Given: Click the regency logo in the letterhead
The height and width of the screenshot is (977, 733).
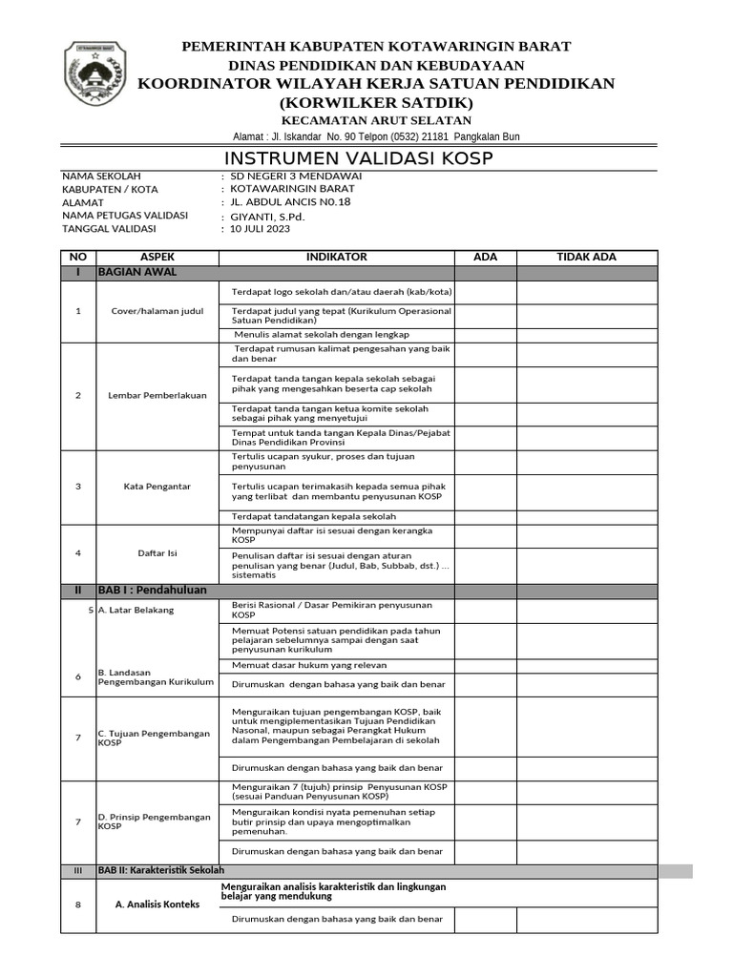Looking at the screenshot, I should point(93,73).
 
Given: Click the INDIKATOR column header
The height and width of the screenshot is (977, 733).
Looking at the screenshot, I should point(336,258).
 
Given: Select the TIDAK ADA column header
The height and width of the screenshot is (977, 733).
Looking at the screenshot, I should point(586,258).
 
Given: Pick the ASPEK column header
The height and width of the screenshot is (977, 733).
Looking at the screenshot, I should point(157,258).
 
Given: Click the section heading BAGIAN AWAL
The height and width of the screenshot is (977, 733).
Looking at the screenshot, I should point(137,273).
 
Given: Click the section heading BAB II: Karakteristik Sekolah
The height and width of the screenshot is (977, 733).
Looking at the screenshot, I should point(161,871).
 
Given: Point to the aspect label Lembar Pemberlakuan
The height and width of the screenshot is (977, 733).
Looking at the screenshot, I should point(157,395).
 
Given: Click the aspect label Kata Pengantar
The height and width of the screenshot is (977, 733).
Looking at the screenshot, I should point(157,487).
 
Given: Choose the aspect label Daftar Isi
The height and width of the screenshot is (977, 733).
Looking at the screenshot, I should point(157,553).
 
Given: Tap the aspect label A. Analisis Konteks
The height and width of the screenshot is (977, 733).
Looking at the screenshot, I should point(157,904).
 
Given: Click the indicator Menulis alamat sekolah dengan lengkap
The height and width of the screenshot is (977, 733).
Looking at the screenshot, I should point(321,335).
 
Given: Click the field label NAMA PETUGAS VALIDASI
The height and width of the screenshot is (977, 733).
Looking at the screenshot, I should point(125,216).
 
